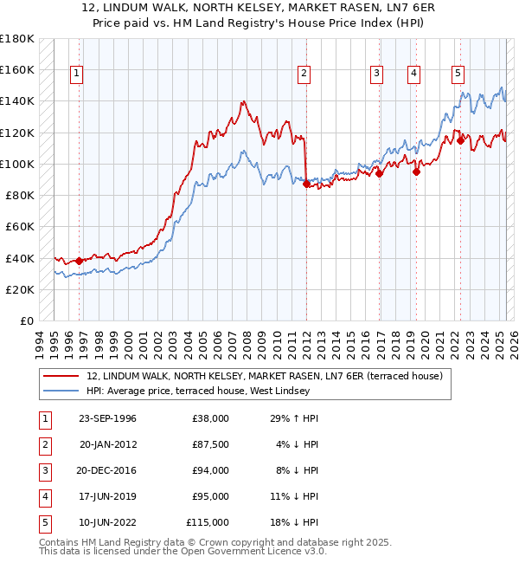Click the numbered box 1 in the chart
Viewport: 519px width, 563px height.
tap(77, 74)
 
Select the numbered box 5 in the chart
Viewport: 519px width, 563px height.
tap(457, 74)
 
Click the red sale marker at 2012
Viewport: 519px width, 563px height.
tap(306, 184)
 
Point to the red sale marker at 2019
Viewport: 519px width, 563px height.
tap(416, 171)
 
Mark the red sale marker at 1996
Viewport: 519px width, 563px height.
tap(79, 261)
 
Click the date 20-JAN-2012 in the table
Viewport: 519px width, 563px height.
tap(107, 444)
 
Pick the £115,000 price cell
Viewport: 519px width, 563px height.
tap(208, 522)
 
